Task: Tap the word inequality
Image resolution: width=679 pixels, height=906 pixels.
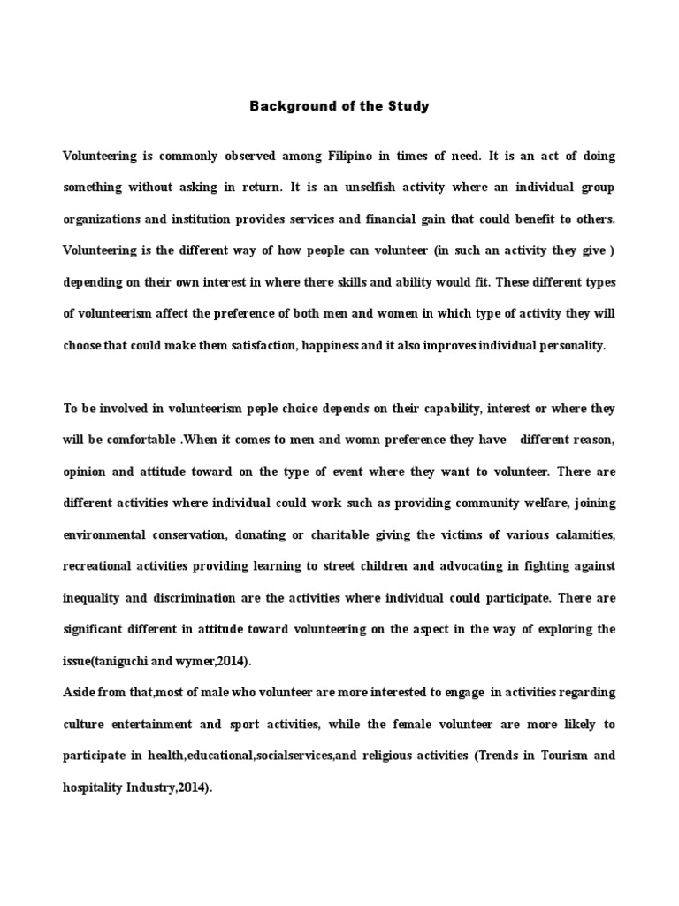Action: point(92,598)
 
